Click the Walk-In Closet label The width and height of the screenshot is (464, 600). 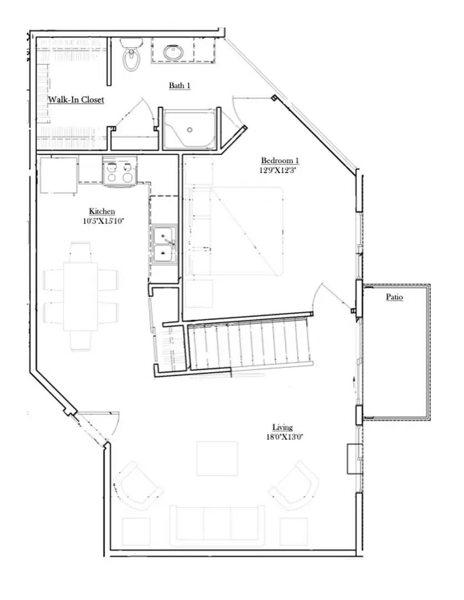coord(76,100)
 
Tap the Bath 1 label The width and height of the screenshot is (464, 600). coord(180,85)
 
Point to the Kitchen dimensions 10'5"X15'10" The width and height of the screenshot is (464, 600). coord(102,221)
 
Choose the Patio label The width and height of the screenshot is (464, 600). coord(394,297)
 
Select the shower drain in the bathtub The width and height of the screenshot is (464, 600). coord(189,130)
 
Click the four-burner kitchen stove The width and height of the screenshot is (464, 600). coord(119,171)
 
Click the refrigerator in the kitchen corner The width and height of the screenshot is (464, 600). coord(58,176)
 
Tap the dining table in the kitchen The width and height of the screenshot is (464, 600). coord(81,296)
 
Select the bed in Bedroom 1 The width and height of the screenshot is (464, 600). coord(237,231)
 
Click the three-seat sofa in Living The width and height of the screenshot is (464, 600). coord(217,523)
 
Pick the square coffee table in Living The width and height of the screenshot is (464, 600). coord(217,458)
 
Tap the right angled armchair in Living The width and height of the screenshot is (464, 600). coord(295,484)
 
